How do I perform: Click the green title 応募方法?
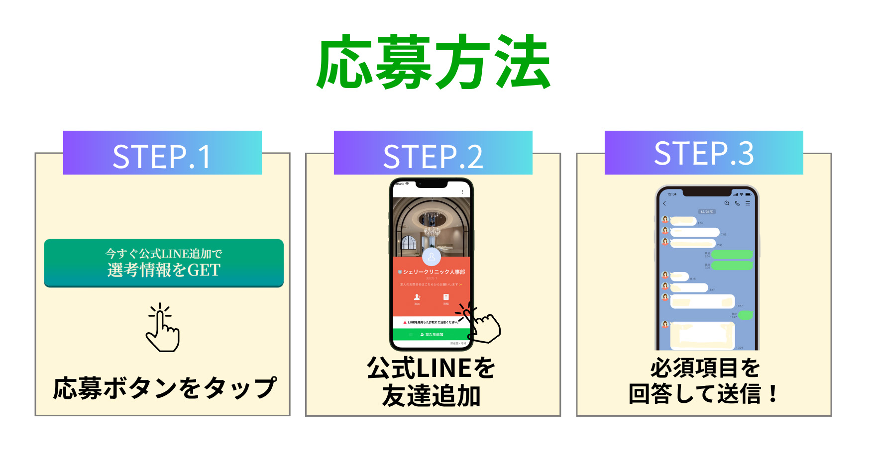pyautogui.click(x=434, y=63)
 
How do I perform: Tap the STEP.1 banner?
pyautogui.click(x=162, y=153)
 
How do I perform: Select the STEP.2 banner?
pyautogui.click(x=433, y=153)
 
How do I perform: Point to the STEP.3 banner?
pyautogui.click(x=704, y=153)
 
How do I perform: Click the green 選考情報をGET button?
pyautogui.click(x=164, y=263)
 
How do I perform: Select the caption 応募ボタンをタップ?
pyautogui.click(x=164, y=388)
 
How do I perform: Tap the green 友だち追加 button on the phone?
pyautogui.click(x=431, y=335)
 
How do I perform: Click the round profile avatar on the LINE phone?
pyautogui.click(x=432, y=257)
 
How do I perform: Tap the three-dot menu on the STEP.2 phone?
pyautogui.click(x=462, y=191)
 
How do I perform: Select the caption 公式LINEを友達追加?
pyautogui.click(x=431, y=382)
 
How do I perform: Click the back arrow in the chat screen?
pyautogui.click(x=664, y=203)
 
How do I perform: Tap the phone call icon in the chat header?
pyautogui.click(x=737, y=203)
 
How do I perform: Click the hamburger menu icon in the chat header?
pyautogui.click(x=748, y=203)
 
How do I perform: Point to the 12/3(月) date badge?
pyautogui.click(x=707, y=212)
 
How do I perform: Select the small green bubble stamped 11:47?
pyautogui.click(x=745, y=315)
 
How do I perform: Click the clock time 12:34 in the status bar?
pyautogui.click(x=672, y=194)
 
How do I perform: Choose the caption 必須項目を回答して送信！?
pyautogui.click(x=704, y=381)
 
